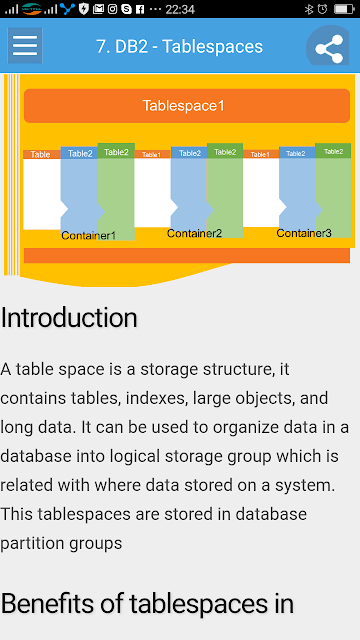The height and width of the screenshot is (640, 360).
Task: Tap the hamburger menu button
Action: point(25,45)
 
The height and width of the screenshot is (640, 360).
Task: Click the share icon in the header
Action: point(329,49)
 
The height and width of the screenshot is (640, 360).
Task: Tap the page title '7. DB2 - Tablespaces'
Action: point(180,47)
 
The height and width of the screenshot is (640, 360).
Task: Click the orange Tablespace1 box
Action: point(187,106)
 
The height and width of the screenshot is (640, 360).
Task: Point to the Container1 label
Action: point(89,236)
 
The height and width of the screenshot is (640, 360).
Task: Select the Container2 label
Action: point(194,233)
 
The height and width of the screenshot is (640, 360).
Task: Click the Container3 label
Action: point(304,233)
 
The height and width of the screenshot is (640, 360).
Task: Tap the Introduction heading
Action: point(69,318)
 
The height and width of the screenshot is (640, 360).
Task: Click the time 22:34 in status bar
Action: point(180,9)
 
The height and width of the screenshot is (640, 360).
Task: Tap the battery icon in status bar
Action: point(344,9)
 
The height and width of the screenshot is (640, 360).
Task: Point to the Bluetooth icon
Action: point(309,9)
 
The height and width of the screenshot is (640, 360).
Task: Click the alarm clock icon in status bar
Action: point(322,9)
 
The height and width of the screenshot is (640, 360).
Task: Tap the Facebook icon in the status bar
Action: point(140,9)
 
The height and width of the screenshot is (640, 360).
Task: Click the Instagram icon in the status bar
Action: point(112,9)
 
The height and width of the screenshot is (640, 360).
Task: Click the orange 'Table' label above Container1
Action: point(40,154)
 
